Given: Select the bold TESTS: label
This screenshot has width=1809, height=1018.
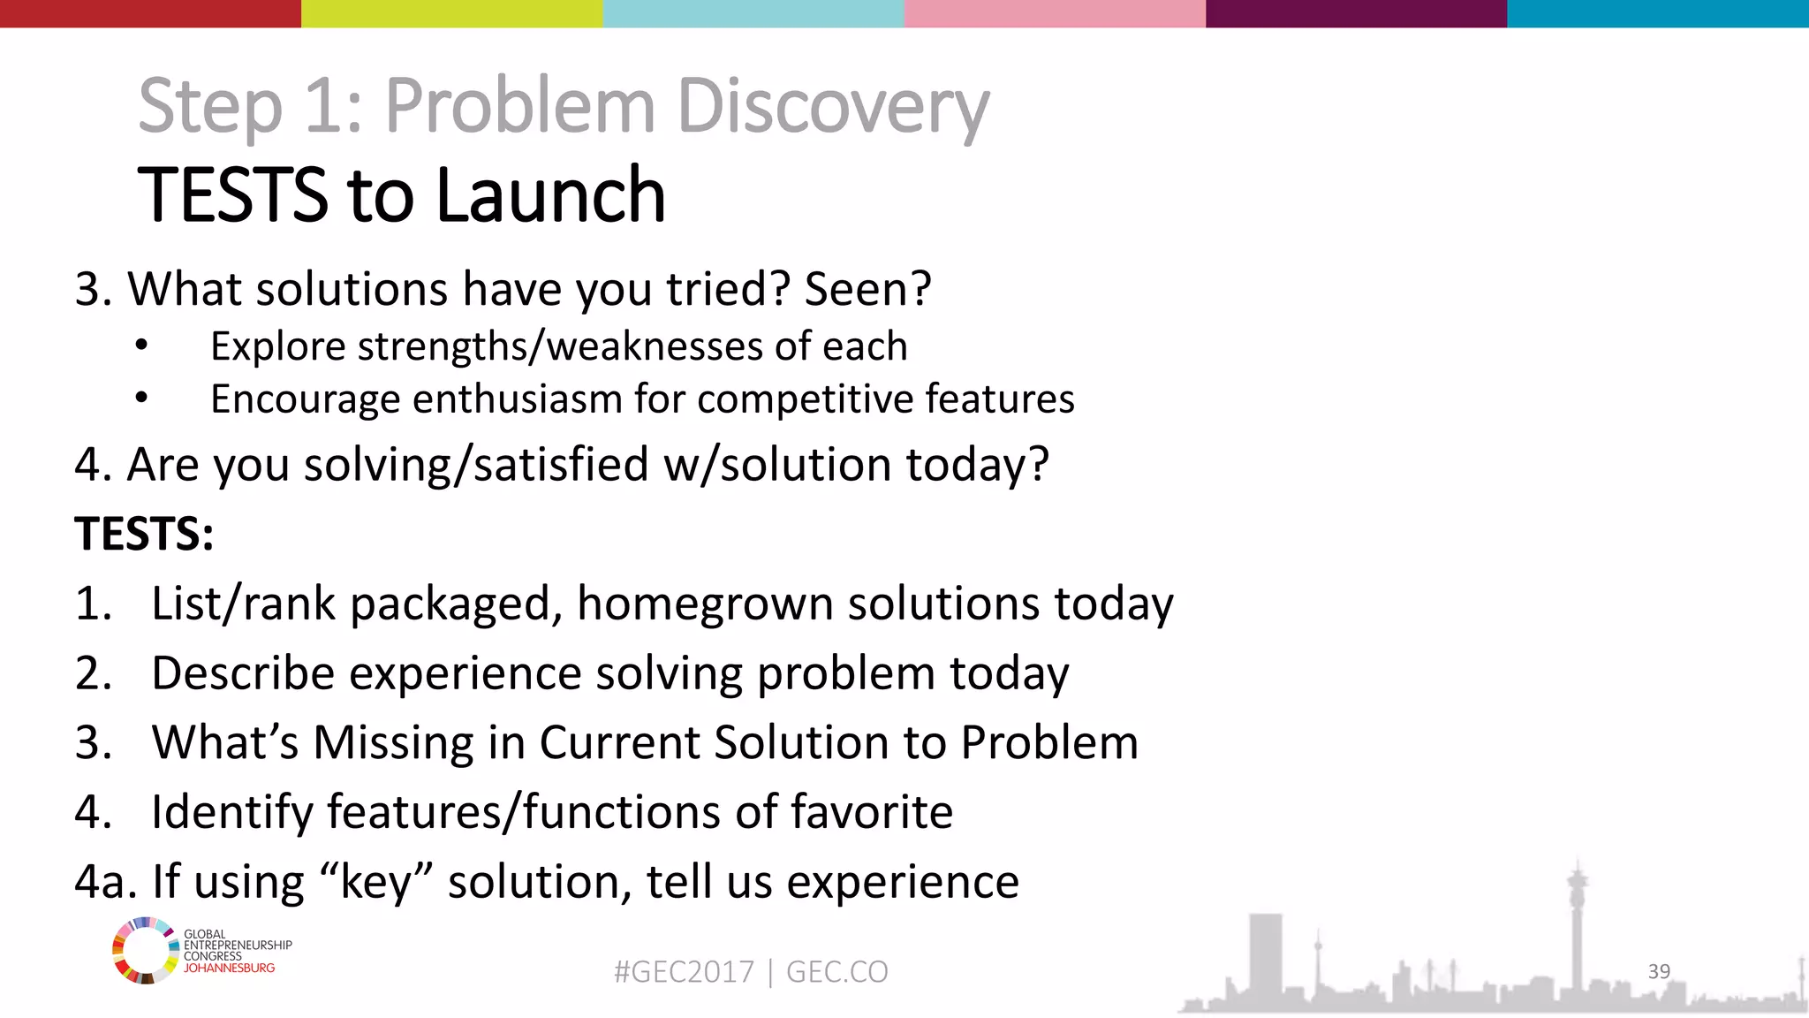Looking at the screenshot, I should tap(144, 534).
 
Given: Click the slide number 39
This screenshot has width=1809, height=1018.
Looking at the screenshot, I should tap(1659, 971).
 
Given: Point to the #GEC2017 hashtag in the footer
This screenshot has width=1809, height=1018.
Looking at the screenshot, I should tap(684, 972).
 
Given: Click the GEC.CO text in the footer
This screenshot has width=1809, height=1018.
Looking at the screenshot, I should tap(836, 972).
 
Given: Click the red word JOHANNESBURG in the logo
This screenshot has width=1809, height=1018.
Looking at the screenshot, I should tap(229, 969).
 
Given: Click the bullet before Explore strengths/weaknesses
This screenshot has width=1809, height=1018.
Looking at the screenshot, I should tap(141, 346).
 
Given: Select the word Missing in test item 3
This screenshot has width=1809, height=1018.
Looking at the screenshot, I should tap(393, 742).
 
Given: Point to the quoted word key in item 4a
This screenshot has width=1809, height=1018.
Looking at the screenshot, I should tap(375, 882).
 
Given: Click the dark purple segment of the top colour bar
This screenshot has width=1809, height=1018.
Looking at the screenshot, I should tap(1356, 13).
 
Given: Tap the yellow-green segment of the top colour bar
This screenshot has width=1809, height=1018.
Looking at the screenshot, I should tap(451, 13).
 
